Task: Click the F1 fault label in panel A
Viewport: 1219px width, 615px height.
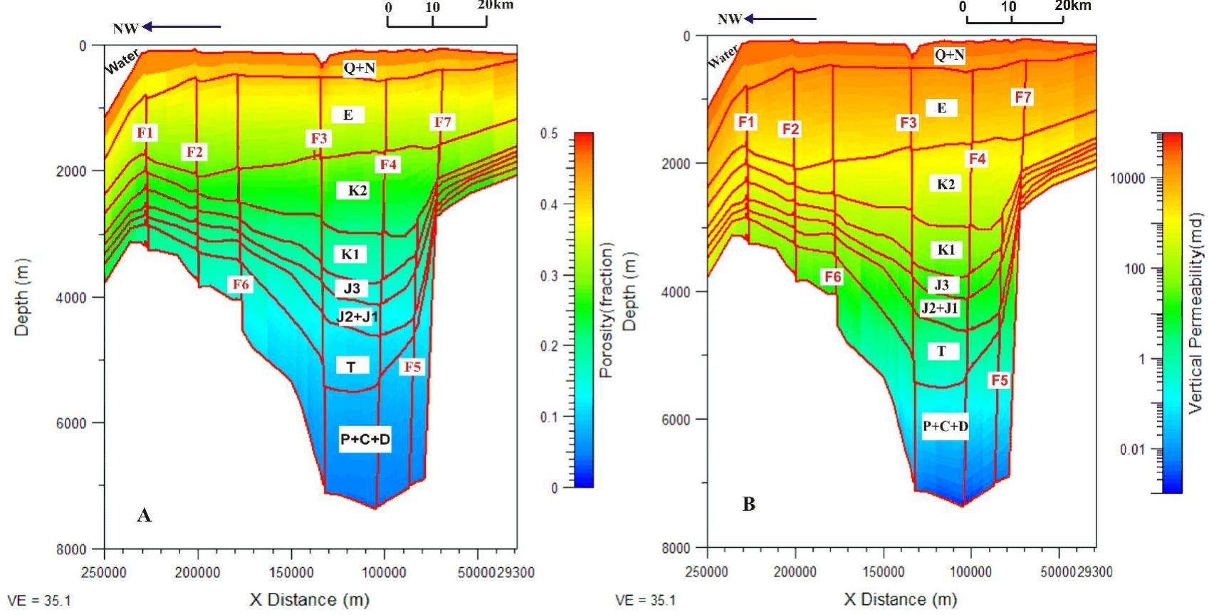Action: (145, 133)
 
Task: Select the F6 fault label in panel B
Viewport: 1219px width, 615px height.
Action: (832, 277)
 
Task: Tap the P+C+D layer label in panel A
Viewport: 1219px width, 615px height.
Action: (365, 439)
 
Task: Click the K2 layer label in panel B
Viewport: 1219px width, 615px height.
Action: (946, 184)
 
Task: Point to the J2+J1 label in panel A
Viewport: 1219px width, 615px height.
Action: (357, 316)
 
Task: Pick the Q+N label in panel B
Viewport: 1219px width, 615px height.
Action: (949, 55)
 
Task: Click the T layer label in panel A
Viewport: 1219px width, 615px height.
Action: (351, 366)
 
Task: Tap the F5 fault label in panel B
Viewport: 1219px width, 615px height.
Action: (1000, 380)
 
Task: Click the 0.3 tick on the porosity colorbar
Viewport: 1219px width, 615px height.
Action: (555, 276)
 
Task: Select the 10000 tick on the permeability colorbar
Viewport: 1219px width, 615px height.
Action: (1128, 178)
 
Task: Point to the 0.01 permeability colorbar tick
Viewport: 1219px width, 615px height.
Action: (1132, 450)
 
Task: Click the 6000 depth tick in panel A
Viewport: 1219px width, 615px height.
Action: (71, 423)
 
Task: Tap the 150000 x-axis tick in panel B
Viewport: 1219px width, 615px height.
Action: (883, 572)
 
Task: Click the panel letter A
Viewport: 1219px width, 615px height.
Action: (144, 515)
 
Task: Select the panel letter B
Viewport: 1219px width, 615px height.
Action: (748, 505)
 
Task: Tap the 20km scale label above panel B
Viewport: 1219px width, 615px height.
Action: (1072, 6)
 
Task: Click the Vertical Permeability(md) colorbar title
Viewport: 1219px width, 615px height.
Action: (1196, 313)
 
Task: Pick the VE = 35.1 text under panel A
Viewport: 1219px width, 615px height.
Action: (39, 601)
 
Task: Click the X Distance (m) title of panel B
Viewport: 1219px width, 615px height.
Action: (900, 599)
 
